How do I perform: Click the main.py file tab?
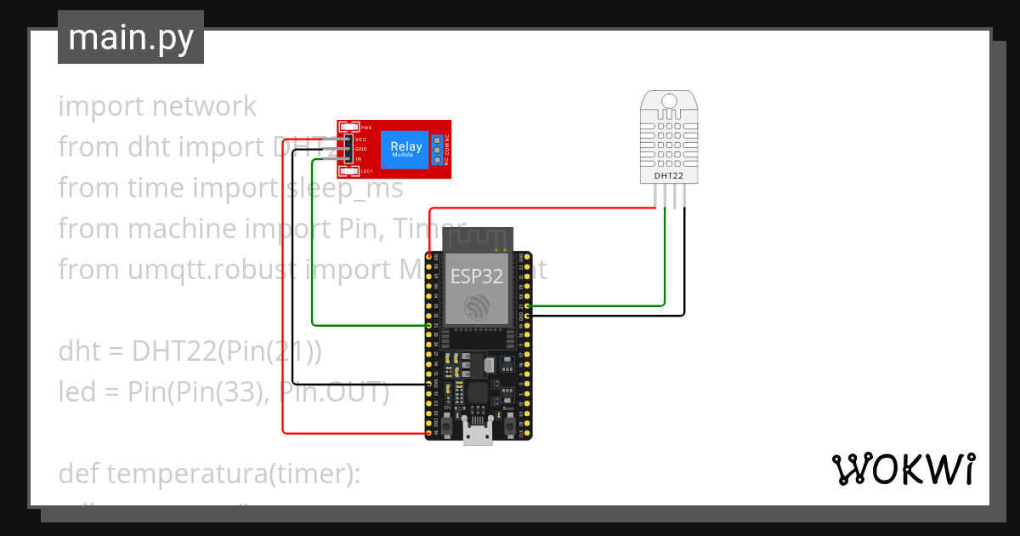[130, 37]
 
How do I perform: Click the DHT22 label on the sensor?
[668, 175]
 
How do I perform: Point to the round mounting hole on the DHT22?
[669, 101]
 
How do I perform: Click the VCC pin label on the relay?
[361, 139]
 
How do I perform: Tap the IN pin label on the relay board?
[359, 159]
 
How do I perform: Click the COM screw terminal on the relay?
[438, 150]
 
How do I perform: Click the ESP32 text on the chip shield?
[476, 276]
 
